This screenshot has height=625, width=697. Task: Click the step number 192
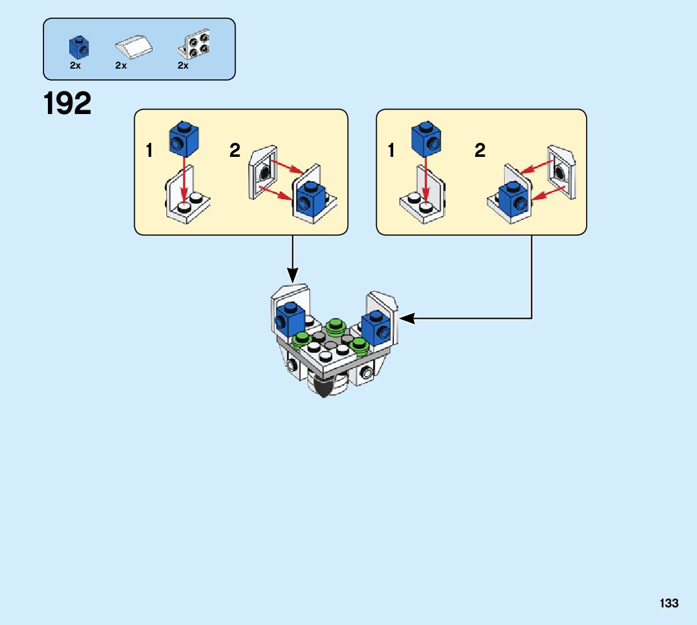67,103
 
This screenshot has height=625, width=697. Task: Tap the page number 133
669,604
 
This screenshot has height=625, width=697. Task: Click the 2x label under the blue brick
75,66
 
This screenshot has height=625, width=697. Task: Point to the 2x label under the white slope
122,66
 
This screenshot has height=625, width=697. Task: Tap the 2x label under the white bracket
183,66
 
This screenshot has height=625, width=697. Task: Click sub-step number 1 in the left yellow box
149,151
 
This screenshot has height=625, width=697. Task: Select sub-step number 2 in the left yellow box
234,151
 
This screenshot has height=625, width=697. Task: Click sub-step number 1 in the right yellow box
391,151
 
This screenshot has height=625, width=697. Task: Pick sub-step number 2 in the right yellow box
480,151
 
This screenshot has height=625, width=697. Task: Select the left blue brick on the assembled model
290,318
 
